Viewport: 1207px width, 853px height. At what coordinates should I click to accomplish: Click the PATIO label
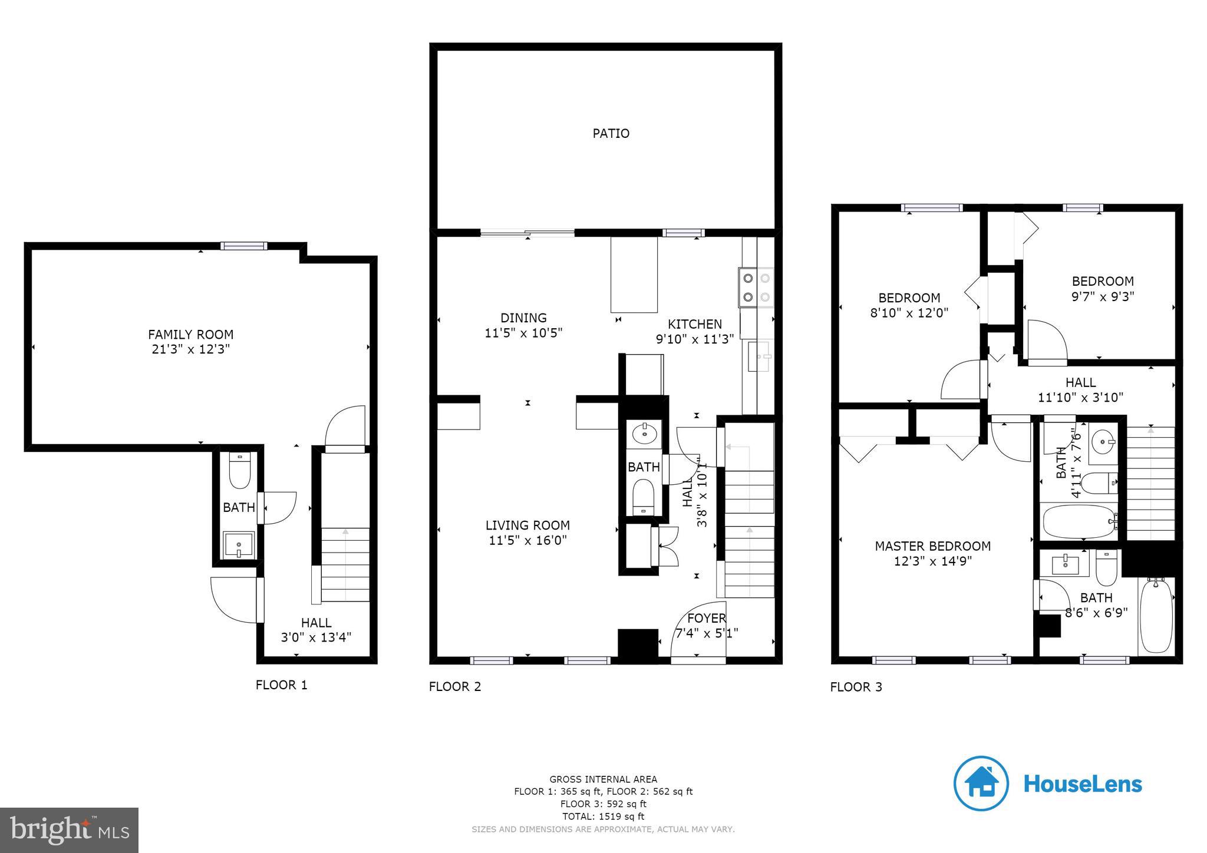pyautogui.click(x=611, y=134)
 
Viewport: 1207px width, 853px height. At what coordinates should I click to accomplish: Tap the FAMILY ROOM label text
pyautogui.click(x=190, y=335)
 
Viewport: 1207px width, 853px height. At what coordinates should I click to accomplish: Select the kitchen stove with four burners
pyautogui.click(x=756, y=287)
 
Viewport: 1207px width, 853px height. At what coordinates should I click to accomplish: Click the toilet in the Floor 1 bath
pyautogui.click(x=239, y=471)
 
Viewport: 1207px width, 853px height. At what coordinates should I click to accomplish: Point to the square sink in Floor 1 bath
pyautogui.click(x=239, y=544)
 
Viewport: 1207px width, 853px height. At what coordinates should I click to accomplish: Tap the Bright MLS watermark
pyautogui.click(x=70, y=830)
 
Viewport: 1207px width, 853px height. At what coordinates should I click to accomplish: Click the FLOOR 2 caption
pyautogui.click(x=455, y=686)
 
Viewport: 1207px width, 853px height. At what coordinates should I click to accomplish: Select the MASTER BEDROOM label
pyautogui.click(x=932, y=546)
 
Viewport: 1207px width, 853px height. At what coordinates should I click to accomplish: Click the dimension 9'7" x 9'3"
pyautogui.click(x=1102, y=296)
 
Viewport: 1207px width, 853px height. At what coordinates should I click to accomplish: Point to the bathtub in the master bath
pyautogui.click(x=1156, y=616)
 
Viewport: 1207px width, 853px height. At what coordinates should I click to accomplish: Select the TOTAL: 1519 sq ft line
pyautogui.click(x=603, y=816)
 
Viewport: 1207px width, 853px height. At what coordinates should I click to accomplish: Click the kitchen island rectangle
pyautogui.click(x=634, y=275)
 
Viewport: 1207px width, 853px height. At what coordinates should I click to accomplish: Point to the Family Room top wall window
pyautogui.click(x=244, y=246)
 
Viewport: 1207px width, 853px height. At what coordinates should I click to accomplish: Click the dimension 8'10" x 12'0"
pyautogui.click(x=909, y=313)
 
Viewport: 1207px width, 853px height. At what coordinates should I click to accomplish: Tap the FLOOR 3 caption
pyautogui.click(x=856, y=687)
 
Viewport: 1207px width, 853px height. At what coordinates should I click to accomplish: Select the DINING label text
pyautogui.click(x=523, y=318)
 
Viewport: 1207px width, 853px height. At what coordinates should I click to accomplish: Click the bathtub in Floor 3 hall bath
pyautogui.click(x=1079, y=521)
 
